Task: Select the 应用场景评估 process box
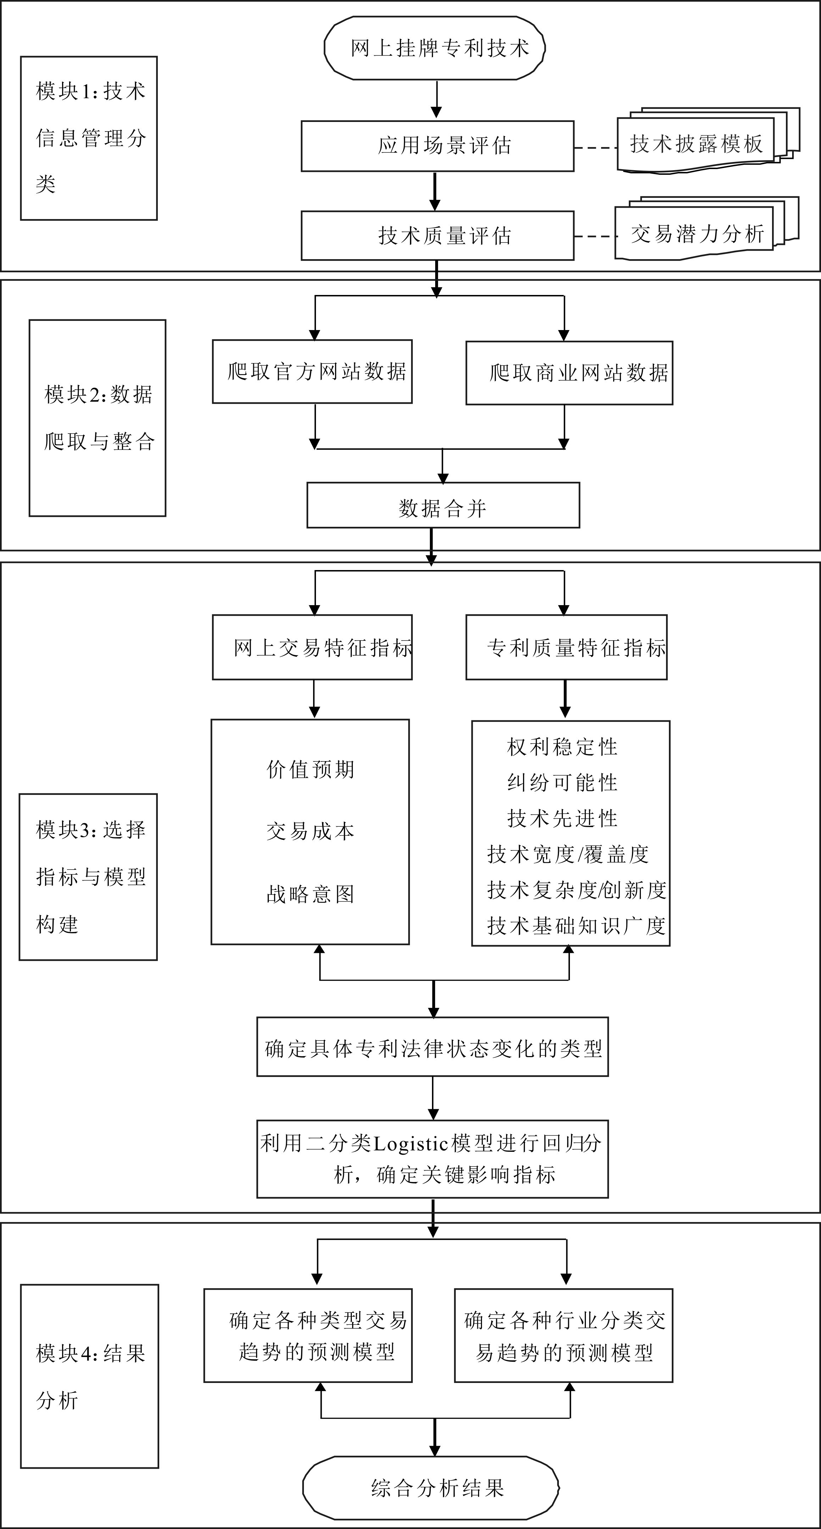(438, 146)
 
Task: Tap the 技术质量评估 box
(438, 236)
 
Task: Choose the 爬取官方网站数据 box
(312, 372)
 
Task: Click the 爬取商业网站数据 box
(569, 373)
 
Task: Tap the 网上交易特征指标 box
(312, 647)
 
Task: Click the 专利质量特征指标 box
(566, 647)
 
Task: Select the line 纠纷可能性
(562, 783)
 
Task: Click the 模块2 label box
(98, 418)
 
